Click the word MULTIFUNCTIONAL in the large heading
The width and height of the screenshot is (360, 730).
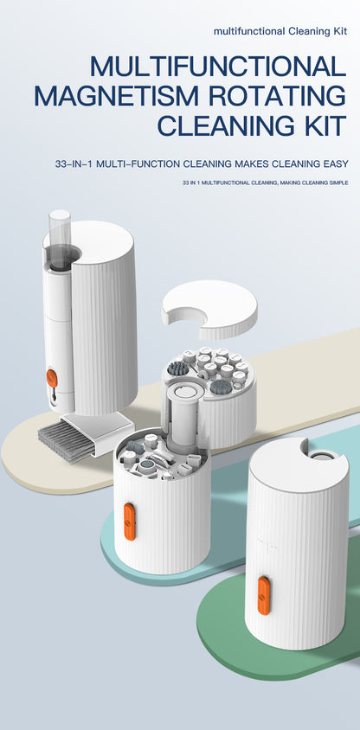click(x=218, y=66)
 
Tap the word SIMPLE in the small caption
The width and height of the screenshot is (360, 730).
click(x=338, y=183)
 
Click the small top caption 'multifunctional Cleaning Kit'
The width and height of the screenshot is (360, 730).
click(x=280, y=32)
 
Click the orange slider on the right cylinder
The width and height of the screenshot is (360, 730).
click(x=264, y=595)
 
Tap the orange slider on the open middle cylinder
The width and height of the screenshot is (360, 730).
click(x=130, y=522)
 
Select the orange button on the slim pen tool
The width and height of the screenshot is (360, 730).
click(x=52, y=378)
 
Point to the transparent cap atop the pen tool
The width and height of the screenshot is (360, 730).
click(x=60, y=239)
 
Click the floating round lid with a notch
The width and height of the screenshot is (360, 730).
click(x=209, y=308)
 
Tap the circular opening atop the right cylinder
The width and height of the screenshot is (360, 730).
click(x=320, y=457)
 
